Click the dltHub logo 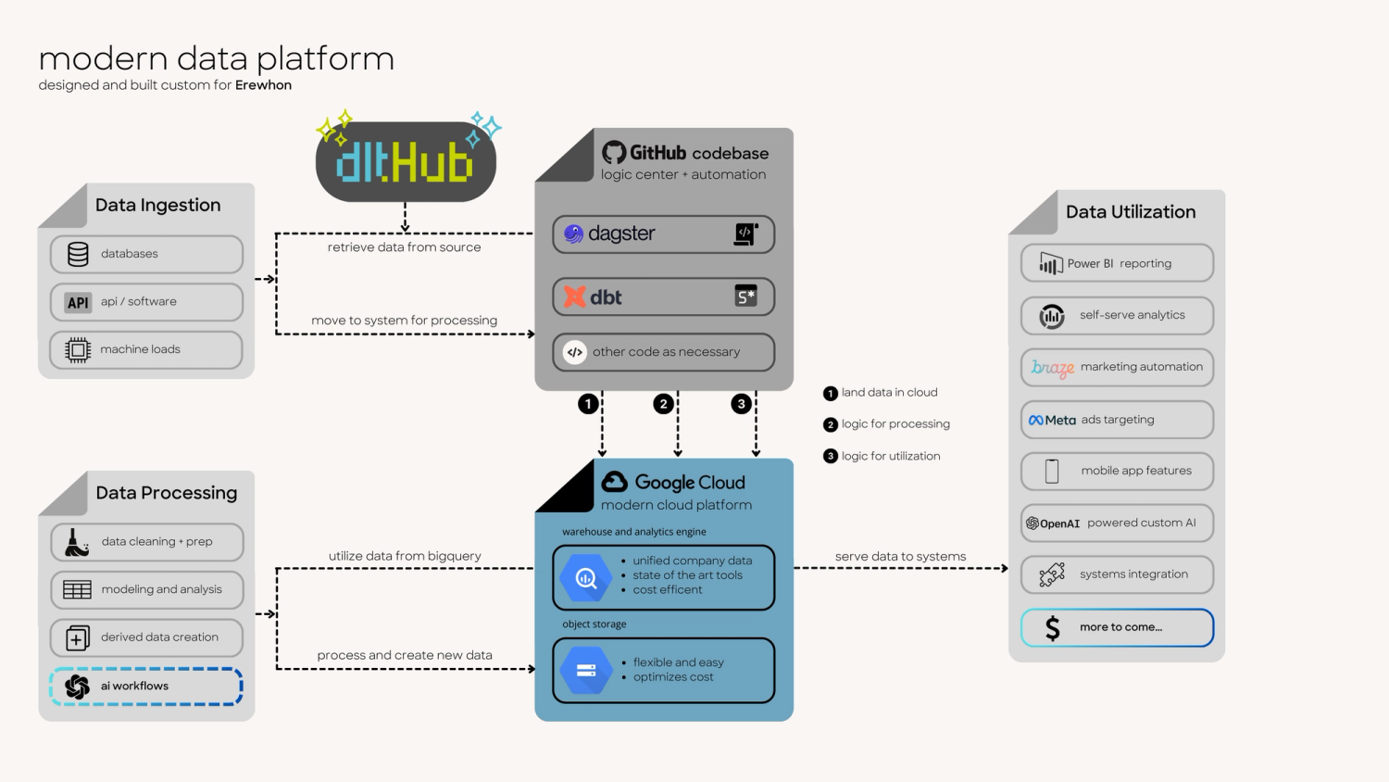pyautogui.click(x=406, y=162)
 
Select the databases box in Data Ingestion pyautogui.click(x=146, y=254)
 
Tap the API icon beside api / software pyautogui.click(x=78, y=302)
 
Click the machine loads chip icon pyautogui.click(x=78, y=349)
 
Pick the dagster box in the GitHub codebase pyautogui.click(x=663, y=234)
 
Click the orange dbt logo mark pyautogui.click(x=575, y=296)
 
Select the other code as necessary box pyautogui.click(x=663, y=352)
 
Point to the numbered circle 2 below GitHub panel pyautogui.click(x=663, y=404)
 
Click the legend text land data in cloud pyautogui.click(x=889, y=393)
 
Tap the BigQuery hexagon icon pyautogui.click(x=586, y=578)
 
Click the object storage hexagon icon pyautogui.click(x=586, y=670)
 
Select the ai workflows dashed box pyautogui.click(x=146, y=687)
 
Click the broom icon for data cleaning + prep pyautogui.click(x=77, y=542)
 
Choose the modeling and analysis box pyautogui.click(x=146, y=589)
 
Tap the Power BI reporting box pyautogui.click(x=1117, y=263)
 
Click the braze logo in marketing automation pyautogui.click(x=1053, y=368)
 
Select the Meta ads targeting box pyautogui.click(x=1117, y=420)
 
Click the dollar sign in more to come pyautogui.click(x=1053, y=628)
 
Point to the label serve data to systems pyautogui.click(x=900, y=556)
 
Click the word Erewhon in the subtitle pyautogui.click(x=263, y=85)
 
